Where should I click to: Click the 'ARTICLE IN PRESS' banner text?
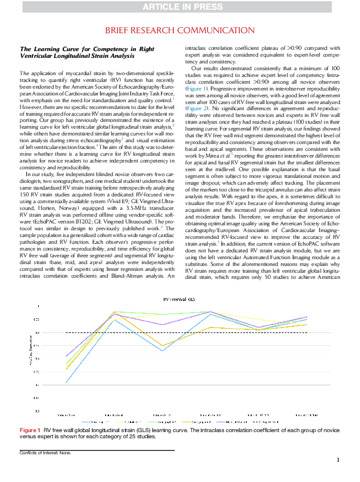[x=180, y=7]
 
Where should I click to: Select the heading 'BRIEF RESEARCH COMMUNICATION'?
[x=180, y=30]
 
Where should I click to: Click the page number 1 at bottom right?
[x=338, y=460]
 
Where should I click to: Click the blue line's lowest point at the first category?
[x=66, y=383]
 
